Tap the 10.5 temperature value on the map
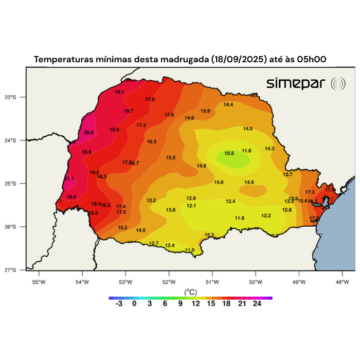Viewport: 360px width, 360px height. [x=229, y=153]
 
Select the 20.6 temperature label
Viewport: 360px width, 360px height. [x=89, y=133]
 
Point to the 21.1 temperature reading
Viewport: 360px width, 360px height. [x=69, y=178]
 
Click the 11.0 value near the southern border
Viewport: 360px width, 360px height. [x=190, y=250]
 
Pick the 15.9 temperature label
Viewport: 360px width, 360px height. [x=205, y=111]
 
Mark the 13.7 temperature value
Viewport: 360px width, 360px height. [x=287, y=174]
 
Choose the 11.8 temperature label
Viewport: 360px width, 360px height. [x=246, y=151]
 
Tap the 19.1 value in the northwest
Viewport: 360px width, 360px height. [x=119, y=92]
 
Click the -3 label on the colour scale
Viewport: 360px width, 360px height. [x=119, y=304]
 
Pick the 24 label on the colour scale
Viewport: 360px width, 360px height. [x=257, y=304]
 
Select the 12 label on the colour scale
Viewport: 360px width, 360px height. [x=195, y=304]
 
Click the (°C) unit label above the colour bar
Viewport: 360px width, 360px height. [x=190, y=292]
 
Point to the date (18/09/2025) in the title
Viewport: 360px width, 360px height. [x=239, y=60]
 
